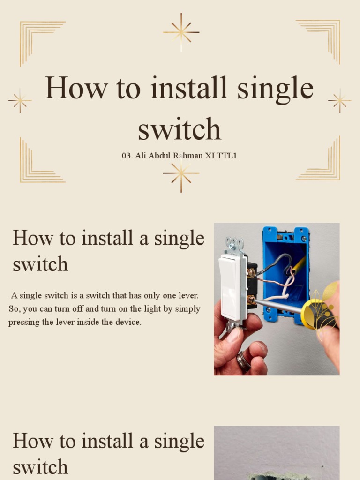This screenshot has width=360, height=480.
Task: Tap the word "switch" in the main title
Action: pos(180,129)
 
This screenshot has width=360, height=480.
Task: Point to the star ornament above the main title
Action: pos(181,32)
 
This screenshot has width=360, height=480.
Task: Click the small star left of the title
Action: pos(20,100)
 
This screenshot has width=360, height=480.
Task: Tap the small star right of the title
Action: pos(339,100)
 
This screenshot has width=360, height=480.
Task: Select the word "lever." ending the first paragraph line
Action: pos(187,296)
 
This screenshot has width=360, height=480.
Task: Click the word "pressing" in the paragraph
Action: pos(23,322)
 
